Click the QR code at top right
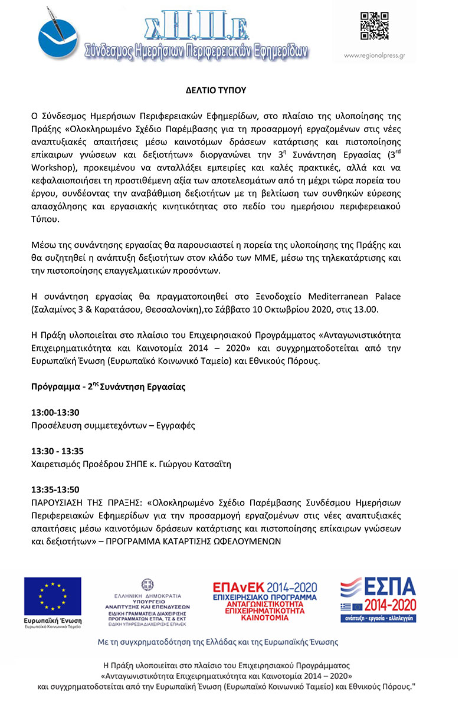[x=374, y=25]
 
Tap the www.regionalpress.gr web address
[x=374, y=57]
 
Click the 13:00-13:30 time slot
[x=55, y=413]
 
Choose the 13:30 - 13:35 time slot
[x=57, y=451]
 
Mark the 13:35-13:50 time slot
[x=55, y=490]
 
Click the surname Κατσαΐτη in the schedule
[x=211, y=464]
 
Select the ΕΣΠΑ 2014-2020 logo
[x=378, y=599]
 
